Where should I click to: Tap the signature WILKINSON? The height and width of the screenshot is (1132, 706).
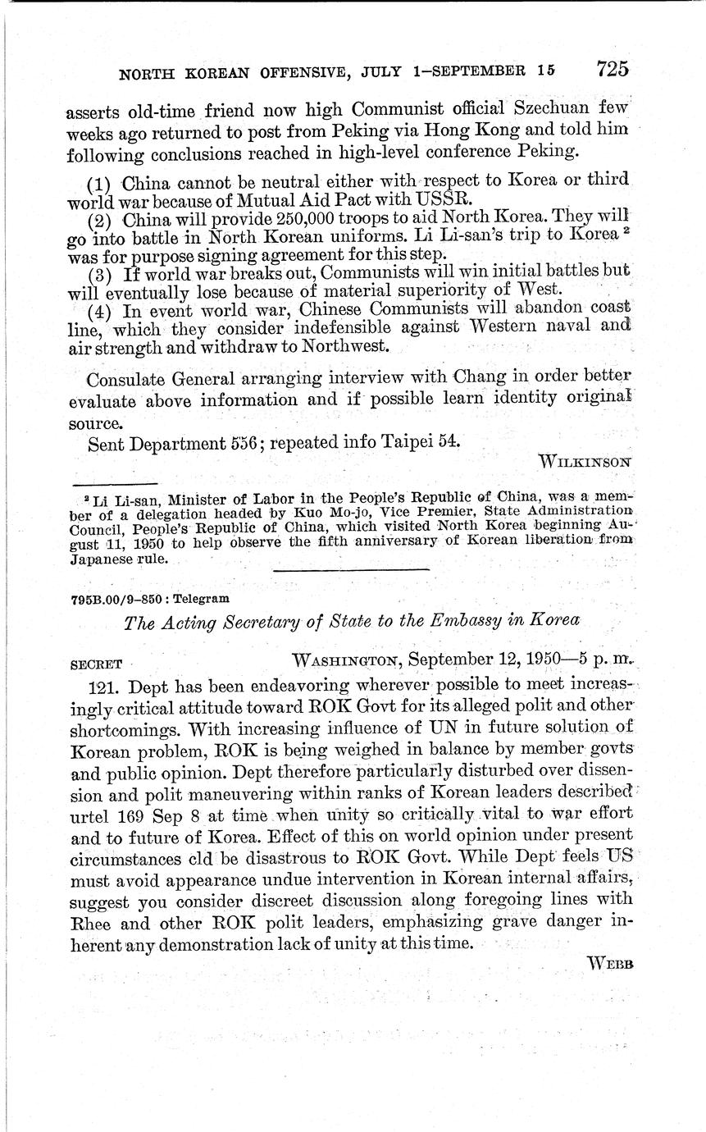(x=585, y=461)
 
